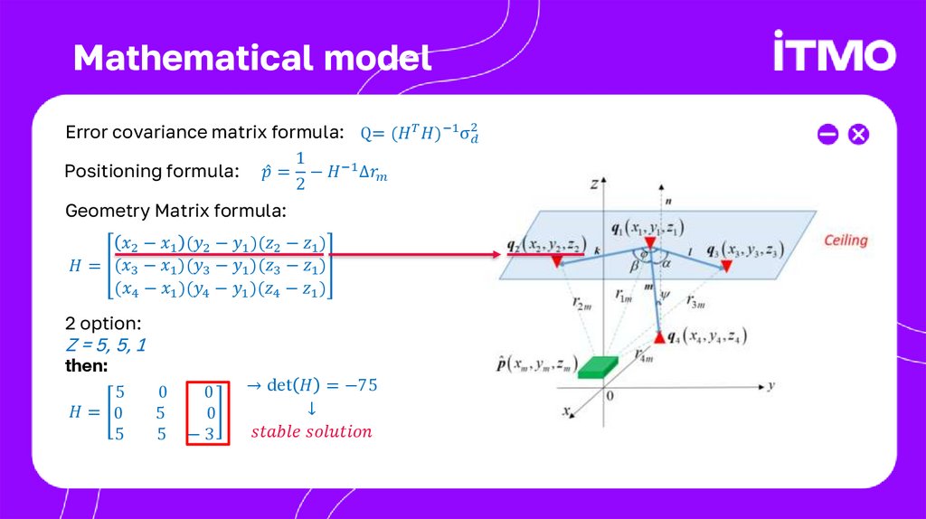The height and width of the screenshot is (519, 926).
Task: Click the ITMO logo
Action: click(834, 53)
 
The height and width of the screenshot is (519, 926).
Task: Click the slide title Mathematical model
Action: click(252, 58)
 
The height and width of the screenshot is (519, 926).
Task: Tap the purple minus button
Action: click(827, 135)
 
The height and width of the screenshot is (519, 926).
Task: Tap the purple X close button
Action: click(858, 135)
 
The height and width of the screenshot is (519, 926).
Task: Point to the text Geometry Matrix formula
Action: click(175, 211)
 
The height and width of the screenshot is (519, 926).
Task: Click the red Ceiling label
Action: click(845, 241)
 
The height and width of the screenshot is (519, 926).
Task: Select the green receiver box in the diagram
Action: click(598, 366)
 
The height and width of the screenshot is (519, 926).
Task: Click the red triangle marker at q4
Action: click(659, 336)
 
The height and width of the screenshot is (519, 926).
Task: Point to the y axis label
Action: click(771, 385)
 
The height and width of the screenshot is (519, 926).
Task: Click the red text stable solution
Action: click(311, 431)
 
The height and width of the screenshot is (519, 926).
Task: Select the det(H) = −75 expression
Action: click(311, 385)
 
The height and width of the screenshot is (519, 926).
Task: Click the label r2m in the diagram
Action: click(582, 305)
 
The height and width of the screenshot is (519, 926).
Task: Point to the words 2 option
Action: click(102, 323)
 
